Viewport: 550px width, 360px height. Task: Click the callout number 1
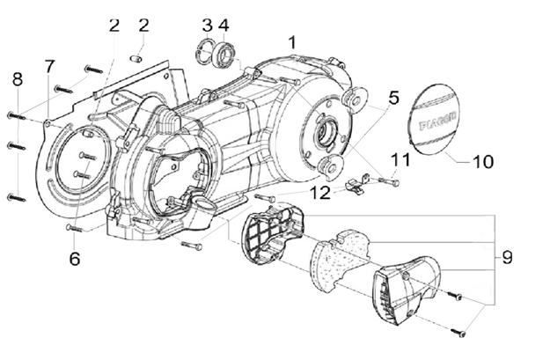(x=293, y=41)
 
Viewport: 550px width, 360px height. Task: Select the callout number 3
(x=207, y=24)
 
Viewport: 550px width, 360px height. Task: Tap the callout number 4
(x=224, y=24)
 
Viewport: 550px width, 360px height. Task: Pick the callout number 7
(x=49, y=65)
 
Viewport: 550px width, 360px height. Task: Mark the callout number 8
(x=16, y=80)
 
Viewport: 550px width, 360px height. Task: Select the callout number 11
(x=401, y=159)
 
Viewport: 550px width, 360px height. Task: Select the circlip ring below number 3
(x=207, y=52)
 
